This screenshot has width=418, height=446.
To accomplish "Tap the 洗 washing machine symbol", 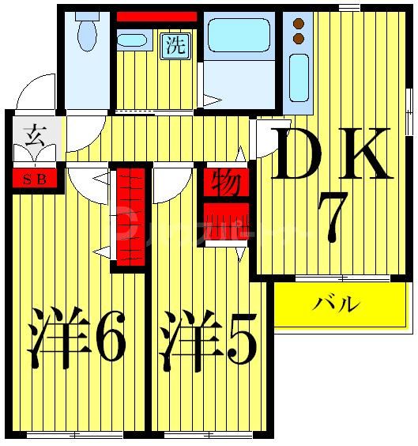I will point(175,46).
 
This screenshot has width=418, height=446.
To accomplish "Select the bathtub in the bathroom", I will point(238,36).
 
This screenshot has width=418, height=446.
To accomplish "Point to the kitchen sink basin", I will point(299,77).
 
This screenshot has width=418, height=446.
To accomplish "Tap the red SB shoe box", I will point(34,178).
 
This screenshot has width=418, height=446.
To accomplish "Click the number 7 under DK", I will point(330,217).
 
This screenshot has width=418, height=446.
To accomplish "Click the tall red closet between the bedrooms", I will point(130,217).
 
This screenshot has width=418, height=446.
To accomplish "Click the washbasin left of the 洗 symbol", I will point(133,40).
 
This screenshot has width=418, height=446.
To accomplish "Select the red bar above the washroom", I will point(156,17).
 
